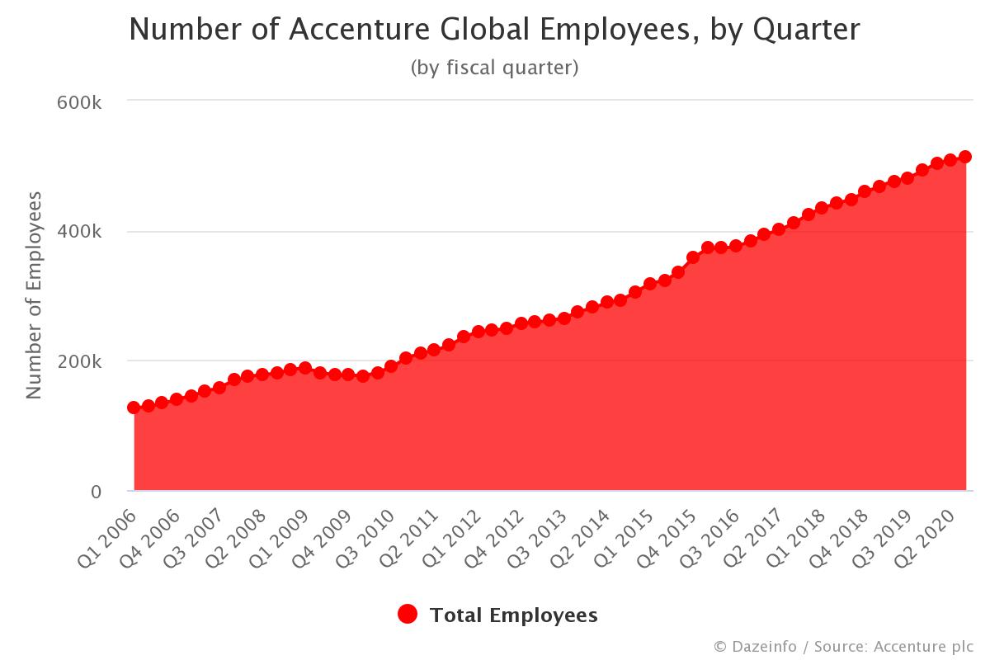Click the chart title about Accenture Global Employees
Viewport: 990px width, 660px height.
pyautogui.click(x=494, y=30)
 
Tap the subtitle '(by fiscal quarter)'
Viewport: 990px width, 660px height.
pyautogui.click(x=494, y=68)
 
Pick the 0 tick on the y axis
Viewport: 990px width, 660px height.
pyautogui.click(x=96, y=492)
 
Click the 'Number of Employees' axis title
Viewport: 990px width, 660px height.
pyautogui.click(x=34, y=295)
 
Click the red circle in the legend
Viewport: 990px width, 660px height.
pyautogui.click(x=408, y=615)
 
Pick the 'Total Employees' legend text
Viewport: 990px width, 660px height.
pyautogui.click(x=513, y=615)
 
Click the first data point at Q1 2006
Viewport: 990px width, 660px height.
pyautogui.click(x=134, y=408)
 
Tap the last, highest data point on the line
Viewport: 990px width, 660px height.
pyautogui.click(x=965, y=157)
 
